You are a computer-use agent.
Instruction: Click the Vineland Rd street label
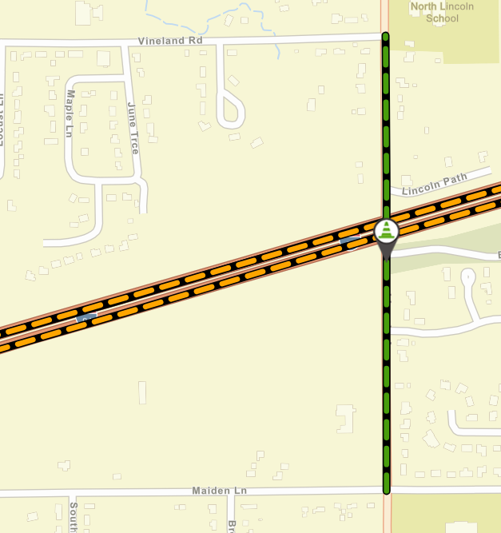170,41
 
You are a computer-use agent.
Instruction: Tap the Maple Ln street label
70,113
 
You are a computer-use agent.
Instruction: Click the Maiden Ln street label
220,490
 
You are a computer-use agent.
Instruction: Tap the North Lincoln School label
442,12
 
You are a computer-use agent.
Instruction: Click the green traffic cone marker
386,231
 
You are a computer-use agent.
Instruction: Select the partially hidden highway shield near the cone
349,239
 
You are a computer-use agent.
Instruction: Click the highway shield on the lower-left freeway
85,317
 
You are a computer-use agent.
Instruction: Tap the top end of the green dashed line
386,37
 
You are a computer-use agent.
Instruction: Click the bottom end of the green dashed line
386,490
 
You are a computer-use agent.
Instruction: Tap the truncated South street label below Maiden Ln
73,515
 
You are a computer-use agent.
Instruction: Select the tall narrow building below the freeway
142,392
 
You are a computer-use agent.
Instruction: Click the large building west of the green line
345,418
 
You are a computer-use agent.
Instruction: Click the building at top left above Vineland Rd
83,12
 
